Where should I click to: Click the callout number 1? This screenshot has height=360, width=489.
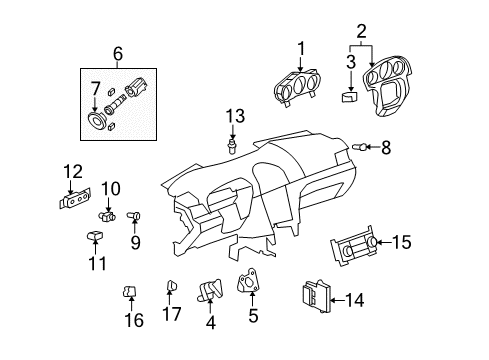(299, 48)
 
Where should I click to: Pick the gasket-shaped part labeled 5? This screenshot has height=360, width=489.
(247, 284)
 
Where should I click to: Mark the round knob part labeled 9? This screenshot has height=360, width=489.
(138, 214)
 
